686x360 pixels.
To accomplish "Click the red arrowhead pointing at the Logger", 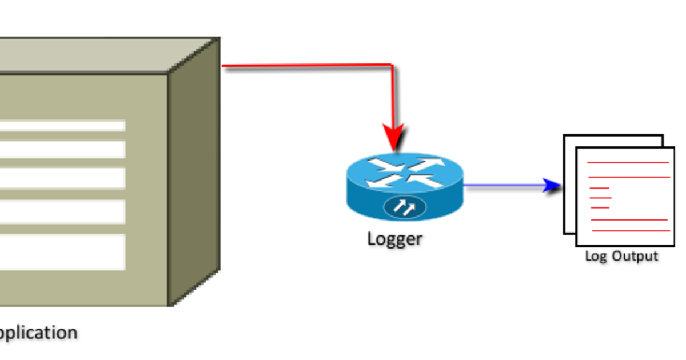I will [x=394, y=137].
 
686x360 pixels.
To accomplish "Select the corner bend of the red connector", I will [x=392, y=66].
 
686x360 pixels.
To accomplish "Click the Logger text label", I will [x=394, y=238].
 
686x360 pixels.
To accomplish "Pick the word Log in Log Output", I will [x=595, y=256].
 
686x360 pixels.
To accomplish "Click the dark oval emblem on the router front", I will [x=405, y=207].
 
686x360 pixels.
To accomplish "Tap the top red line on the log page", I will [x=628, y=163].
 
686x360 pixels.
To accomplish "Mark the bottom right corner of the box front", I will [x=168, y=305].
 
